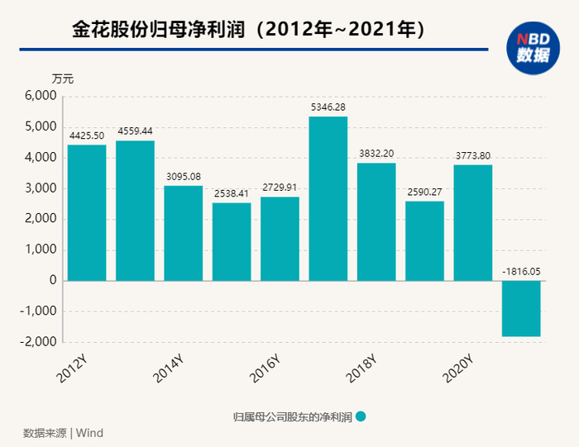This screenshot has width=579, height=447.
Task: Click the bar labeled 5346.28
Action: pyautogui.click(x=328, y=198)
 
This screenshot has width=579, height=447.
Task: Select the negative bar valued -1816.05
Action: pyautogui.click(x=520, y=308)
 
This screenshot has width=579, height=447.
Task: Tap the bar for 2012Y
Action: pyautogui.click(x=87, y=212)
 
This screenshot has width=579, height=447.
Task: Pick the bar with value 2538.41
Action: pyautogui.click(x=232, y=241)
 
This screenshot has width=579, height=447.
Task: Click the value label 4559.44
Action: pyautogui.click(x=135, y=131)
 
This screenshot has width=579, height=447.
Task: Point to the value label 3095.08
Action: pyautogui.click(x=183, y=176)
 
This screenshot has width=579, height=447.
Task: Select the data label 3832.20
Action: pyautogui.click(x=376, y=154)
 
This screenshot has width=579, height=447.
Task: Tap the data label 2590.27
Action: pyautogui.click(x=423, y=192)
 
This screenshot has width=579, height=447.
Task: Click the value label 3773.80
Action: pyautogui.click(x=472, y=155)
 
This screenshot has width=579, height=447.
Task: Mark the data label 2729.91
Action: pyautogui.click(x=280, y=188)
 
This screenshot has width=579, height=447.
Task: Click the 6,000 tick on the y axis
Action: pyautogui.click(x=41, y=96)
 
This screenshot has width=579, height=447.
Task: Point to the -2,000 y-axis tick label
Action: pyautogui.click(x=38, y=342)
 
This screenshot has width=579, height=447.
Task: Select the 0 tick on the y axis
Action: pyautogui.click(x=52, y=281)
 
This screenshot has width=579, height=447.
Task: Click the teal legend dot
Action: pyautogui.click(x=361, y=417)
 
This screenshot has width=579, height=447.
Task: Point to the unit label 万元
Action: pyautogui.click(x=63, y=79)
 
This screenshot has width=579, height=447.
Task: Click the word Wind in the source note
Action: pyautogui.click(x=90, y=433)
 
